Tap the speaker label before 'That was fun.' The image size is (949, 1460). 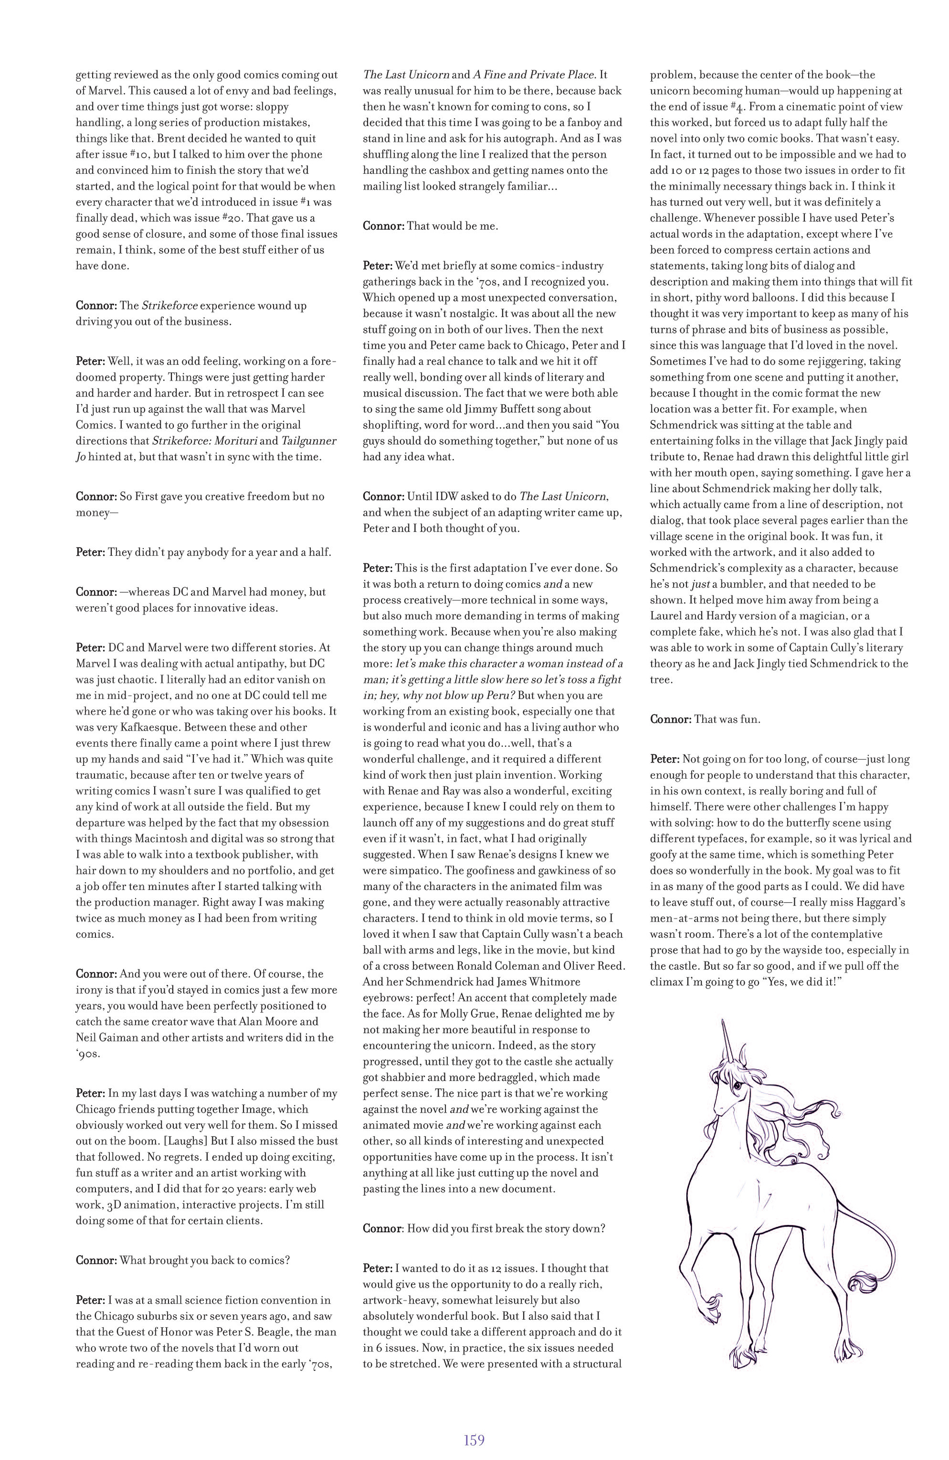[x=671, y=719]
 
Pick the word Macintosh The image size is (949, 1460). [x=160, y=838]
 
